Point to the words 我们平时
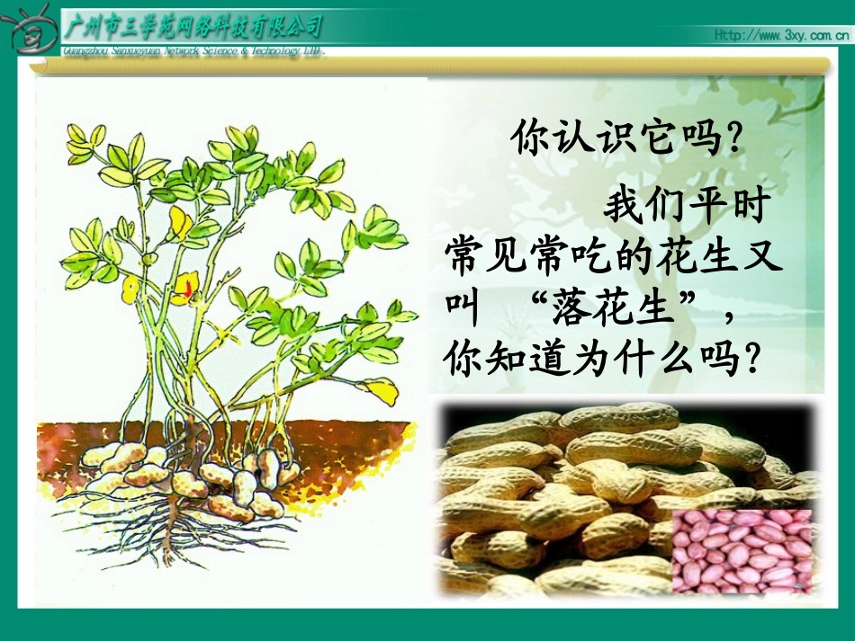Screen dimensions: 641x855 point(684,206)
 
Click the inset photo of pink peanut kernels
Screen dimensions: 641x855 point(742,551)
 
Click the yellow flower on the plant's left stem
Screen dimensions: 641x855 point(131,288)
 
